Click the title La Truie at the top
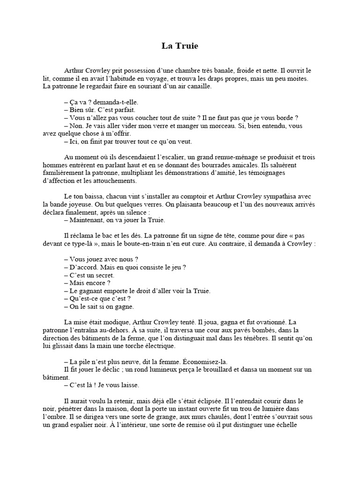180,46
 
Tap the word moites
297,79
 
